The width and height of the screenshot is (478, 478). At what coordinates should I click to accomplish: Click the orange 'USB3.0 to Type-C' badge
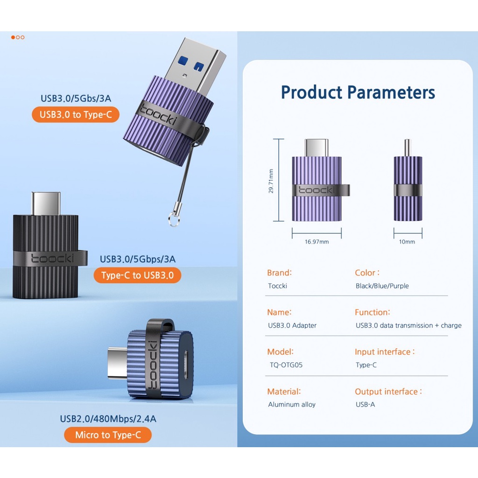pyautogui.click(x=75, y=114)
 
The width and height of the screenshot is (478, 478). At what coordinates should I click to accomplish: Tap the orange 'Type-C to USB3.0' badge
pyautogui.click(x=138, y=275)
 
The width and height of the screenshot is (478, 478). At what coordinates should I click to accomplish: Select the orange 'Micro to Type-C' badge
pyautogui.click(x=108, y=435)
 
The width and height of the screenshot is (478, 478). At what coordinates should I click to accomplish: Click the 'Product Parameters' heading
pyautogui.click(x=358, y=92)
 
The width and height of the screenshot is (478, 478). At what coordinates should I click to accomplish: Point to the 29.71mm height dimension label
pyautogui.click(x=271, y=181)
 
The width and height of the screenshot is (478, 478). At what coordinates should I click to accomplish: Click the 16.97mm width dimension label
pyautogui.click(x=317, y=242)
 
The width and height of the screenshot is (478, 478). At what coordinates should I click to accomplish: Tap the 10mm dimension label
pyautogui.click(x=407, y=242)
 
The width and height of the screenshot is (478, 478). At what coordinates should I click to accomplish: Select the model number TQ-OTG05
pyautogui.click(x=286, y=365)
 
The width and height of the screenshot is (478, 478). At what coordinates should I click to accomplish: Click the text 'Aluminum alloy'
pyautogui.click(x=292, y=405)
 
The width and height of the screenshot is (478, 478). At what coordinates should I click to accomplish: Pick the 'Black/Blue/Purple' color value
pyautogui.click(x=382, y=286)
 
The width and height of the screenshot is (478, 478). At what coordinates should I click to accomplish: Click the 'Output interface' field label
pyautogui.click(x=388, y=392)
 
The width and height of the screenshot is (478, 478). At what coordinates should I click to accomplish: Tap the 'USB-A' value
pyautogui.click(x=365, y=405)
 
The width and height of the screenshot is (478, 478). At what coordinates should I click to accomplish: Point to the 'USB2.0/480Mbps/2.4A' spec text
pyautogui.click(x=108, y=419)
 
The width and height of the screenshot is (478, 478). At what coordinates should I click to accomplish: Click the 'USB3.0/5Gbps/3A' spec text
pyautogui.click(x=138, y=259)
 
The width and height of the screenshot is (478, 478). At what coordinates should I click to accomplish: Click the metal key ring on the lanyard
pyautogui.click(x=174, y=219)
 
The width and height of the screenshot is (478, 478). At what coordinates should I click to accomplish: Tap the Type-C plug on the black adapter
pyautogui.click(x=46, y=204)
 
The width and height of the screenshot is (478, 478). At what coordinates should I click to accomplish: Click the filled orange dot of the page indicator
pyautogui.click(x=13, y=37)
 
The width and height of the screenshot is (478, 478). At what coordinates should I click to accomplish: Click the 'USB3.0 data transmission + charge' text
pyautogui.click(x=408, y=325)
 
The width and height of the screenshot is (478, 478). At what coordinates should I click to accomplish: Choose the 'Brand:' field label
pyautogui.click(x=279, y=273)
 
